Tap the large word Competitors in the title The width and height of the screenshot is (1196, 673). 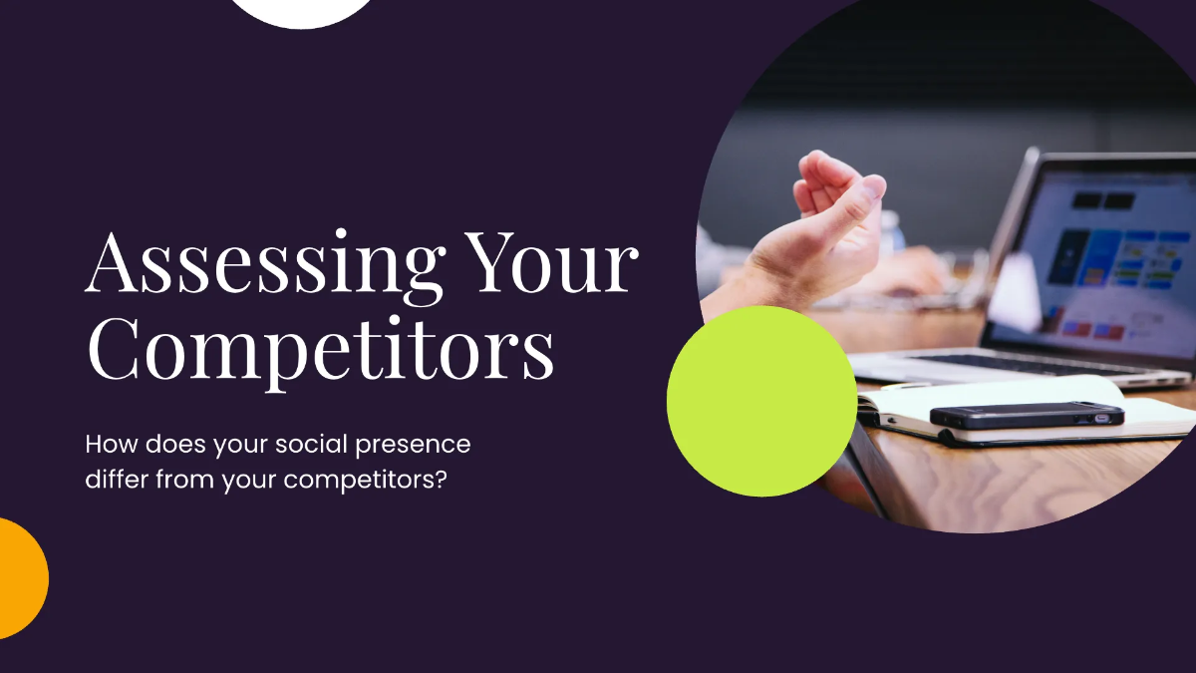[x=321, y=351]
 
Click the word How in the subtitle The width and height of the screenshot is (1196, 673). [x=107, y=443]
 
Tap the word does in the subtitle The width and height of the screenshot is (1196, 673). [x=164, y=443]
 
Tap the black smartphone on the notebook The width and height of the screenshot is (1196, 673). [x=1027, y=415]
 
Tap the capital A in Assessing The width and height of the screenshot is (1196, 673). [x=113, y=261]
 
